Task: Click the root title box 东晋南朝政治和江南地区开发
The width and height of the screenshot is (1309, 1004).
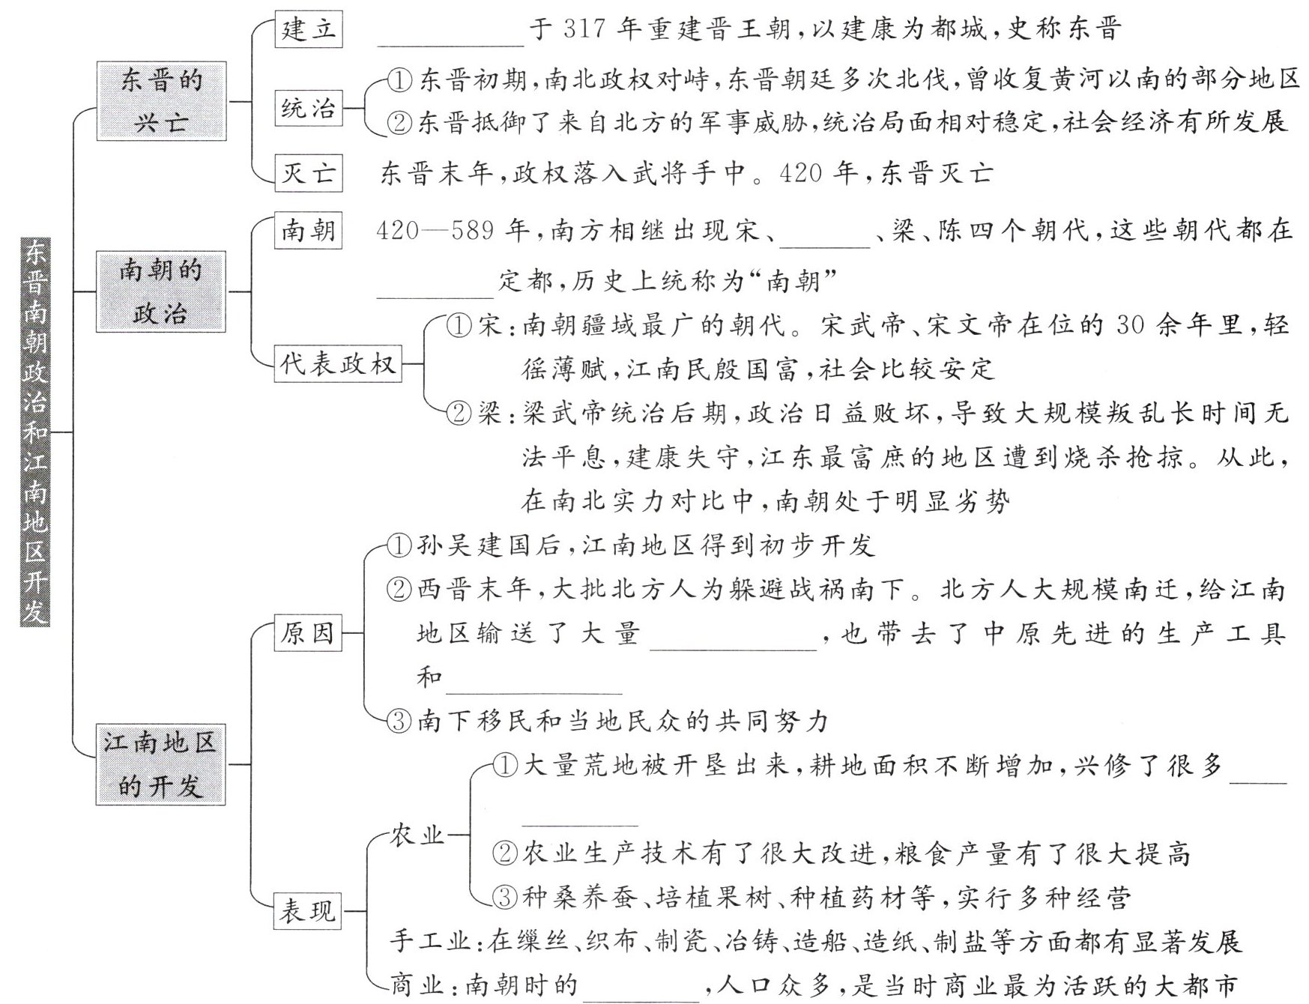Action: click(34, 432)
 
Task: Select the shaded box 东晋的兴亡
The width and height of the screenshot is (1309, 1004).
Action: click(161, 101)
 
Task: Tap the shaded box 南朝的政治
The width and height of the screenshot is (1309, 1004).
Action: click(161, 292)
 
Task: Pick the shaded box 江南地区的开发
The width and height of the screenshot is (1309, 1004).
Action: click(160, 764)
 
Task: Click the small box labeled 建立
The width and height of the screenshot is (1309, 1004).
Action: click(308, 30)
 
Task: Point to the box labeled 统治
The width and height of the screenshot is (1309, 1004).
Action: click(308, 108)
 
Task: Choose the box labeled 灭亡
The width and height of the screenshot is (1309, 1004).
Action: click(308, 173)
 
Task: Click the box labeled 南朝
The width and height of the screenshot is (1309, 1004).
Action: click(308, 230)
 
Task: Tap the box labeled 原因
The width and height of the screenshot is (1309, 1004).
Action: click(307, 633)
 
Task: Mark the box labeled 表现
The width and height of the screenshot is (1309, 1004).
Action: click(307, 911)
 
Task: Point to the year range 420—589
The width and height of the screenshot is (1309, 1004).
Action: click(435, 230)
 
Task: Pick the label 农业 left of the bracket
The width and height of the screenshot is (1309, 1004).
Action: click(417, 835)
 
